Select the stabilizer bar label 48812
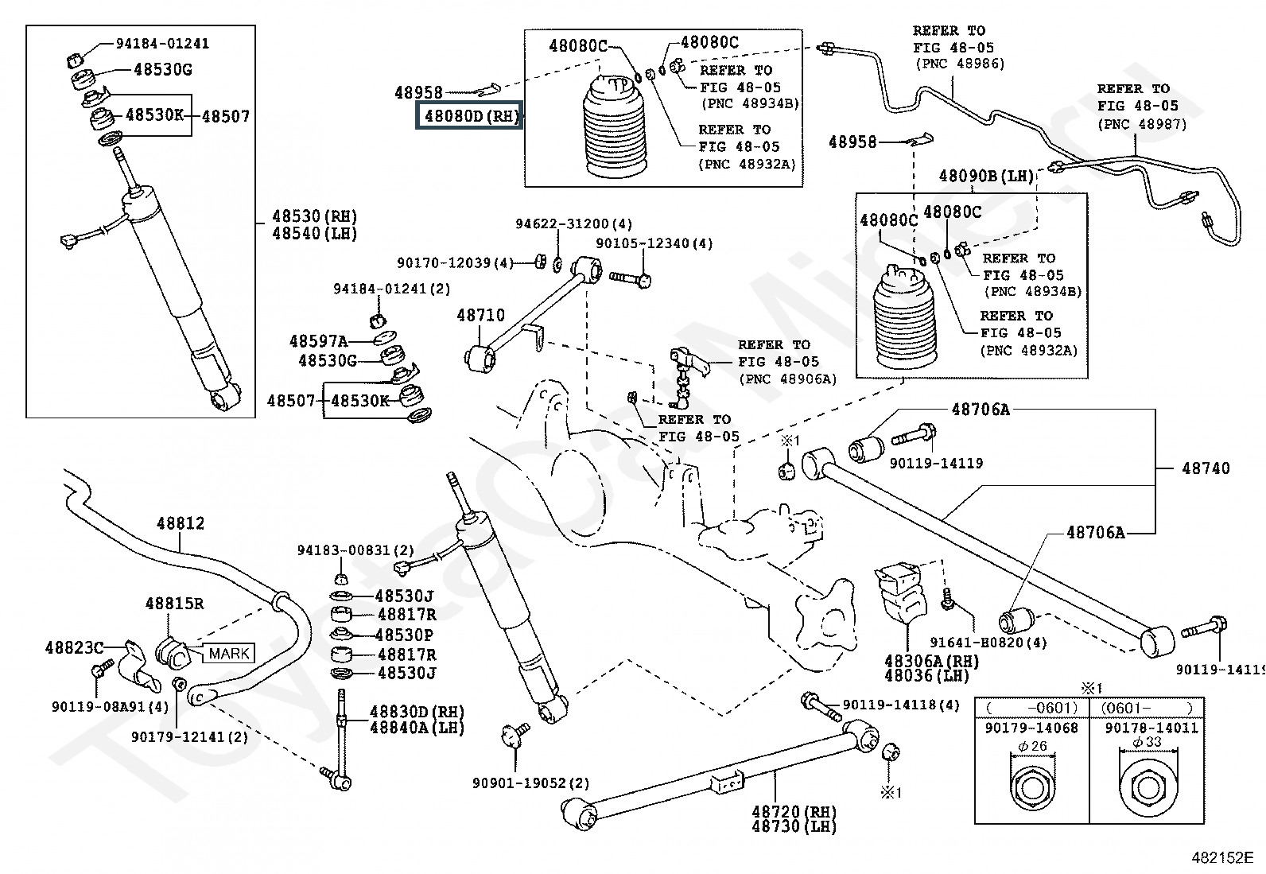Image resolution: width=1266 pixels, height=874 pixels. [181, 523]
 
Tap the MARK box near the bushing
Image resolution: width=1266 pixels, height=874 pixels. [229, 653]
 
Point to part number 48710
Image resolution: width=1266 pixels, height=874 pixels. [480, 315]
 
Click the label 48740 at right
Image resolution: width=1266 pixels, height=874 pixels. [1206, 468]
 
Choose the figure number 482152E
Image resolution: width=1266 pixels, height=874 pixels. [1222, 857]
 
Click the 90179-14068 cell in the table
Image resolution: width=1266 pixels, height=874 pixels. [1031, 728]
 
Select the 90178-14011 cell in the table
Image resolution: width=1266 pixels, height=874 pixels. [1151, 728]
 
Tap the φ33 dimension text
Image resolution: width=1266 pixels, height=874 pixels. [1147, 742]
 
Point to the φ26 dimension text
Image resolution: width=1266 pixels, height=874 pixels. [1032, 746]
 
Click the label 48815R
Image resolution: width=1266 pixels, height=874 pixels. [174, 603]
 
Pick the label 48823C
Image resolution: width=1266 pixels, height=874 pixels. [75, 647]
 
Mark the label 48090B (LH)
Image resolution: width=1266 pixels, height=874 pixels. [986, 176]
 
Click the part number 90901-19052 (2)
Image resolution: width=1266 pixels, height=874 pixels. [530, 783]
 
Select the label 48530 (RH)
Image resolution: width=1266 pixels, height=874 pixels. [315, 216]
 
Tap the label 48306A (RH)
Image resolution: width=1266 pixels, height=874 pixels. [931, 661]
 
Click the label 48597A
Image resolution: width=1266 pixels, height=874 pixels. [318, 341]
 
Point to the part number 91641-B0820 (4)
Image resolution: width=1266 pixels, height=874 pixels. [988, 643]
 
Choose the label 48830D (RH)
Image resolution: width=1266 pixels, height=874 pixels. [417, 711]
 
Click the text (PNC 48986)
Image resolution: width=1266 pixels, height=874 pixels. [961, 64]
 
